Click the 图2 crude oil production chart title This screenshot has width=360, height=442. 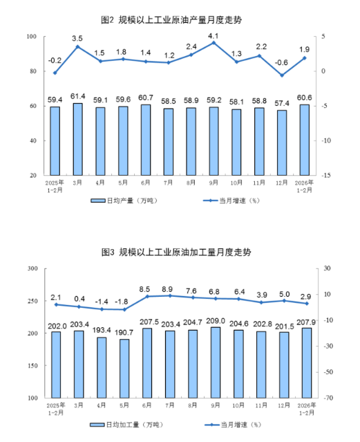pos(171,20)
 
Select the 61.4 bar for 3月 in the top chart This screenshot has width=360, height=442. pos(78,139)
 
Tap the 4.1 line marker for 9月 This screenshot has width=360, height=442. pos(214,43)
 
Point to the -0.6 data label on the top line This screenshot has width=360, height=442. pos(281,62)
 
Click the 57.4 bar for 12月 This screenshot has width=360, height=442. pos(282,142)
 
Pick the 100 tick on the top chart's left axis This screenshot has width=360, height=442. pos(32,37)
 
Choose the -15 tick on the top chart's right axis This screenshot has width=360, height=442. pos(326,175)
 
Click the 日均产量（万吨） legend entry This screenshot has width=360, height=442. pos(124,201)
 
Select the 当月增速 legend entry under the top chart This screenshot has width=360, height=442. pos(231,201)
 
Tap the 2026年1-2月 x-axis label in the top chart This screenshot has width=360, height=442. pos(304,186)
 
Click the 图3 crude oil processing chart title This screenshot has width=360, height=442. pos(176,252)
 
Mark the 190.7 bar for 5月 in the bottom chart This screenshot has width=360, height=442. pos(124,369)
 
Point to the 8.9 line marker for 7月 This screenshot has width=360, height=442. pos(170,295)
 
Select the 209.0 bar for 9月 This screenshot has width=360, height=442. pos(216,362)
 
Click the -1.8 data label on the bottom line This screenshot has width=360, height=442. pos(122,302)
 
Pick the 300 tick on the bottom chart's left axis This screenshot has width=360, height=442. pos(32,268)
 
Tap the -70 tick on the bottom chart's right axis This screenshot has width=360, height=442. pos(327,398)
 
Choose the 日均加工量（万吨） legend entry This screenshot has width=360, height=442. pos(126,425)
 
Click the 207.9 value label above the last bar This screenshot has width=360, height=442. pos(306,322)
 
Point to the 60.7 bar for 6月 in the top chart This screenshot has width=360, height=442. pos(146,140)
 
